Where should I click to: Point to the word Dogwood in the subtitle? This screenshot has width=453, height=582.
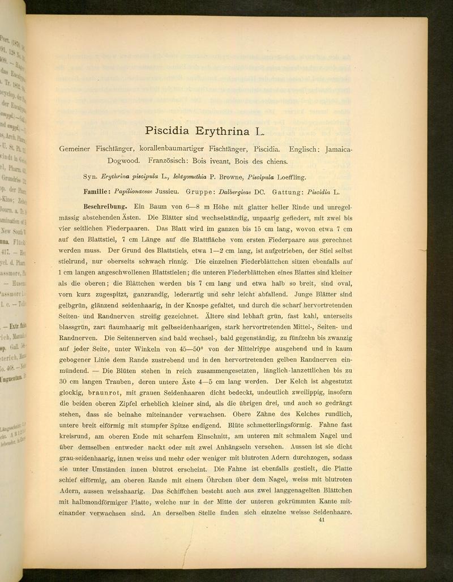[125, 161]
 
